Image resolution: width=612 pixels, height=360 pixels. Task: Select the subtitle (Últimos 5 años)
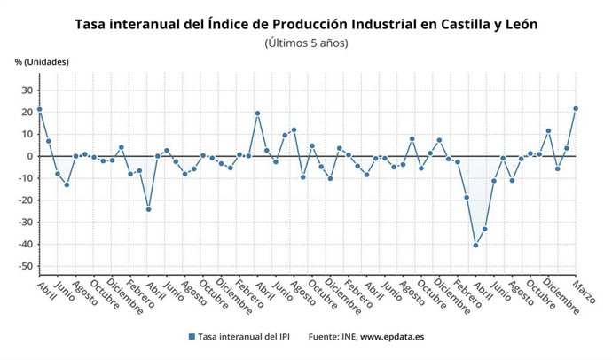[306, 43]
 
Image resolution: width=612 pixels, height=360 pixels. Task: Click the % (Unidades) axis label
[42, 61]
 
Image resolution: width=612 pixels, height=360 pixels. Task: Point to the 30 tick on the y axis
[27, 90]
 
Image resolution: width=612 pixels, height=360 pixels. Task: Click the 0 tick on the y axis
[29, 156]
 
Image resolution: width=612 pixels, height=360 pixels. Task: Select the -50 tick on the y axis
[25, 266]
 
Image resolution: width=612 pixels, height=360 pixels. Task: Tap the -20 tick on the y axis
[25, 200]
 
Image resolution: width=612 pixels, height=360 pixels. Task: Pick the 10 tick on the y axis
[27, 134]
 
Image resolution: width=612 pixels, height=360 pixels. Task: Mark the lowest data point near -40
[475, 245]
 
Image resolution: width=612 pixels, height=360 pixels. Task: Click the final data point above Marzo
[576, 108]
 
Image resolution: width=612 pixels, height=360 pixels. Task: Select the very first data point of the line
[39, 110]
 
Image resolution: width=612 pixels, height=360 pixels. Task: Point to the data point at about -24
[148, 209]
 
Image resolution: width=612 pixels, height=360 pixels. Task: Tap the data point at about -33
[484, 229]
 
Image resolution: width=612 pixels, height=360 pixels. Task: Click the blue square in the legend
[191, 337]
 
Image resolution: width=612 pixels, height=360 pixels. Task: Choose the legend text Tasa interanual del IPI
[246, 337]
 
